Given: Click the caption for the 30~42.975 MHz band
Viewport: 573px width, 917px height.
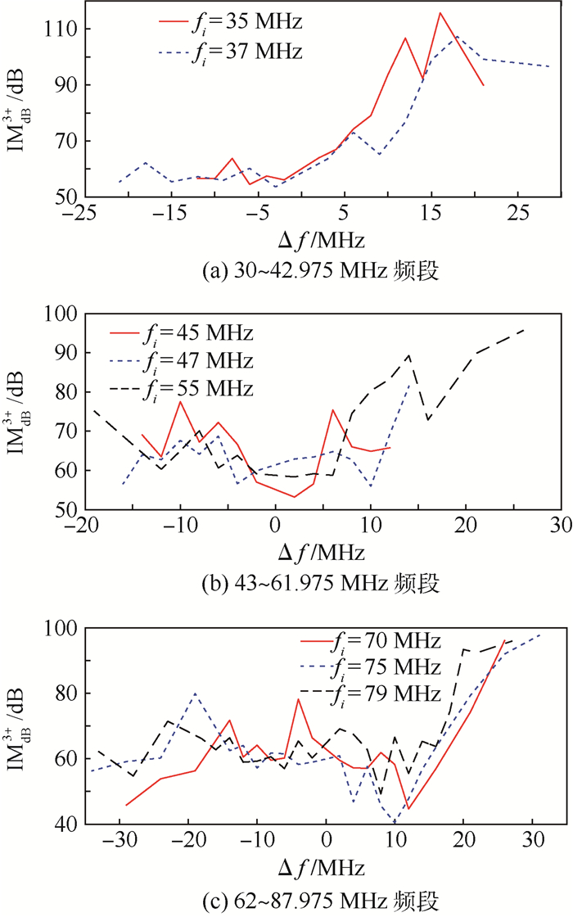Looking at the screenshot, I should coord(323,269).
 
